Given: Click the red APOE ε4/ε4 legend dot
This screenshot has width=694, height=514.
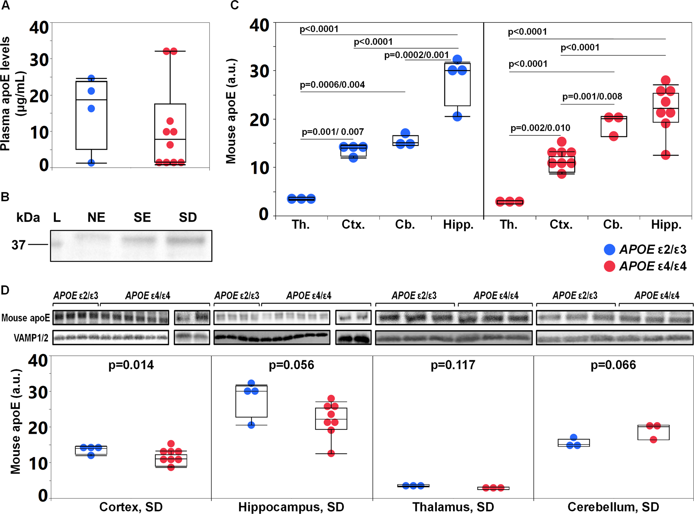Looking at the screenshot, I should [x=609, y=266].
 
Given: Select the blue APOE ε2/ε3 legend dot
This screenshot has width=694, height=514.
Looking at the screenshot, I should [x=609, y=250].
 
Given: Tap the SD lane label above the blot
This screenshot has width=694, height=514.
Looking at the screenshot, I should [x=188, y=217].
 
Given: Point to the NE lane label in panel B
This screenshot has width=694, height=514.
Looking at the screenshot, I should [x=96, y=217].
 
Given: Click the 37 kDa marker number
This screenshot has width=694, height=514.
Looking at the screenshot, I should [x=19, y=245].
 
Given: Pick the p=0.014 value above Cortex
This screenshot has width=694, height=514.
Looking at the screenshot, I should [x=131, y=365].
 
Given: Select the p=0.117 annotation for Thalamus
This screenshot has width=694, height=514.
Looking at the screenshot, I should [x=453, y=365].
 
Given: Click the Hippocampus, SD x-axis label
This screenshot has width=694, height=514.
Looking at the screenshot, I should [x=291, y=507].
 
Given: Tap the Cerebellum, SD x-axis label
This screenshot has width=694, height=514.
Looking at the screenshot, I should [x=613, y=507].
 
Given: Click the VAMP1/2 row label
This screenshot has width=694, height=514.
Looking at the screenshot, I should [x=31, y=338].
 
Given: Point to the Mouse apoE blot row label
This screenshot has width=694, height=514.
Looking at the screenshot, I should [x=26, y=318].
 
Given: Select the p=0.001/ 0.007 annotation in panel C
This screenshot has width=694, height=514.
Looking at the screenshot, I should [x=333, y=132].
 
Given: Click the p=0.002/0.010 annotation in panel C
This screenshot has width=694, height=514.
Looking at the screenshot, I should [x=540, y=128].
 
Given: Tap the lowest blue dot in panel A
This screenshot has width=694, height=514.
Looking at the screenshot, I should [x=91, y=163].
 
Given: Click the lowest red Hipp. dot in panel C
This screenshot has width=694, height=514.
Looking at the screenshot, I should [x=666, y=155].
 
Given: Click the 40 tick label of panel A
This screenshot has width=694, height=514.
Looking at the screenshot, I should [x=39, y=27].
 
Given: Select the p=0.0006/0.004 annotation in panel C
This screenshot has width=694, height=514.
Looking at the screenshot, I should [x=332, y=85].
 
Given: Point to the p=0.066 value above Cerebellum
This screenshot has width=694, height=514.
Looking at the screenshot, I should [x=613, y=365].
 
